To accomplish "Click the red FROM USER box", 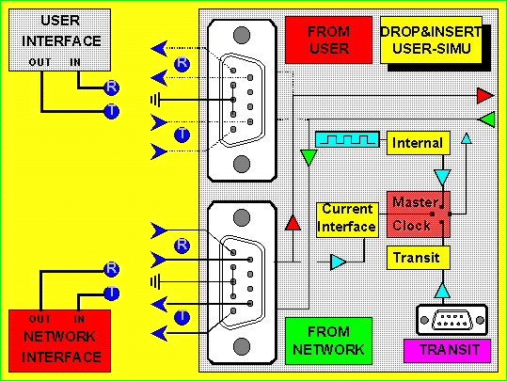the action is click(328, 40).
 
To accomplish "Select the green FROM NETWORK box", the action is click(328, 341).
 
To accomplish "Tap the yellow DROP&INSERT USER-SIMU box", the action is click(431, 40).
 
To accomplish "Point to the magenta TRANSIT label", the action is click(447, 351).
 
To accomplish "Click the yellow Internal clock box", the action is click(419, 143).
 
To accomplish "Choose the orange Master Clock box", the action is click(419, 214).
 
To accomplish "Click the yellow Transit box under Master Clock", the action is click(419, 258).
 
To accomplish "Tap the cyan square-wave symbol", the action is click(347, 139).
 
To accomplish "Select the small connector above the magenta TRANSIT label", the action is click(452, 320).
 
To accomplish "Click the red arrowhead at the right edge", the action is click(485, 96).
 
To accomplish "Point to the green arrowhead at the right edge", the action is click(486, 119).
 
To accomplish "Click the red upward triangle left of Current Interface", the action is click(293, 223).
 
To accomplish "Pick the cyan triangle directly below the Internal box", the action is click(442, 177).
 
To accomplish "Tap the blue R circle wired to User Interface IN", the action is click(112, 87).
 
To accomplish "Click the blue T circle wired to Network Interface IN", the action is click(112, 293).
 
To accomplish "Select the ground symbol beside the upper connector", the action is click(155, 100).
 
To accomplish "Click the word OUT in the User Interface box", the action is click(40, 62).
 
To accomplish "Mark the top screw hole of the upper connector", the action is click(242, 35).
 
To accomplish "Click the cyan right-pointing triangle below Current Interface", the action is click(339, 262).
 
